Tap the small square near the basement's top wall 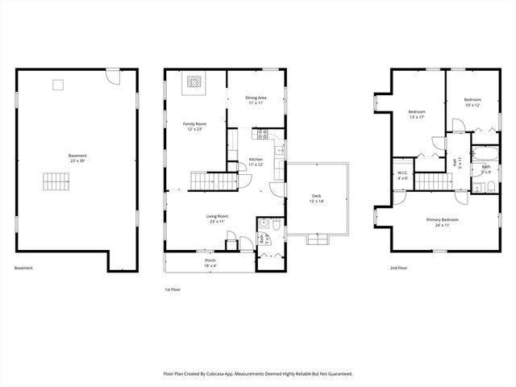click(x=57, y=84)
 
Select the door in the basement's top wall click(x=114, y=78)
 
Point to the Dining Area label click(x=256, y=101)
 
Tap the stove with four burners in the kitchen click(x=262, y=135)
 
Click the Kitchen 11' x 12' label click(x=256, y=162)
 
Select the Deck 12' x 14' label click(x=316, y=198)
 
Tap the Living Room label click(x=217, y=218)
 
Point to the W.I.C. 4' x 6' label click(x=403, y=175)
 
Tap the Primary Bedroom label click(x=442, y=223)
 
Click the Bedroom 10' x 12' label click(x=472, y=102)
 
